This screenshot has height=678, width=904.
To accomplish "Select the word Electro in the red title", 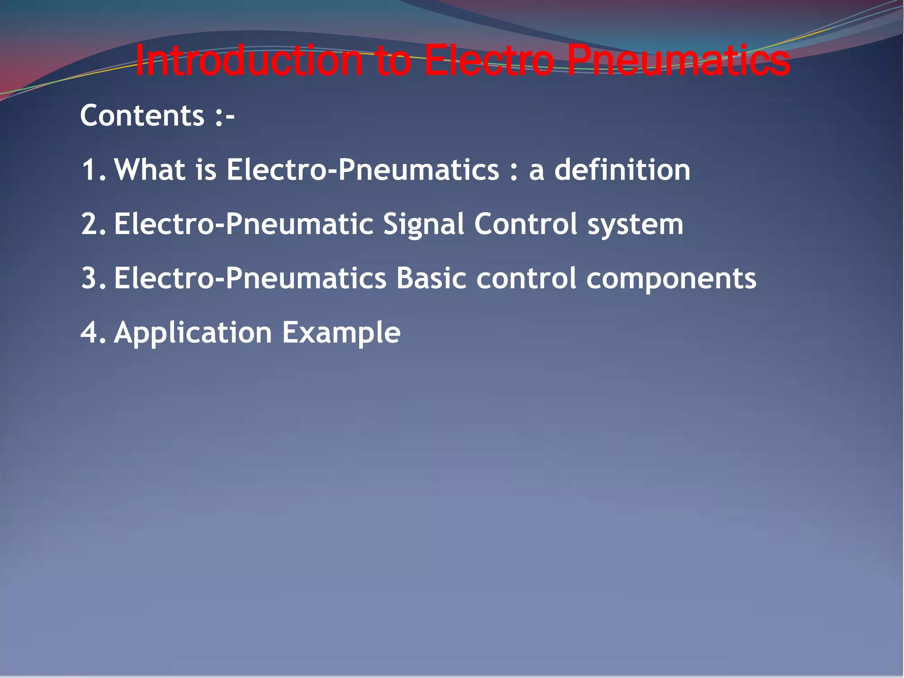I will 489,61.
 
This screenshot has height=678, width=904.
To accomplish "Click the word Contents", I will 142,116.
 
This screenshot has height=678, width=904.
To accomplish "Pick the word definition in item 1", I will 622,170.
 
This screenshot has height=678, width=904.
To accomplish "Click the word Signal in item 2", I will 423,224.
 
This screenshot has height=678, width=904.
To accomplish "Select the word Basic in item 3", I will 431,279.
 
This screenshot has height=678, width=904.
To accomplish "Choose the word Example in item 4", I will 341,332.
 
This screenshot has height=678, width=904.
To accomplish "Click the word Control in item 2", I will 526,224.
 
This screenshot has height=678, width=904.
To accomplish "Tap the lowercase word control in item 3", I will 526,279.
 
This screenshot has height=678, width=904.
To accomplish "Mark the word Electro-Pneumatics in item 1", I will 362,170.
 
